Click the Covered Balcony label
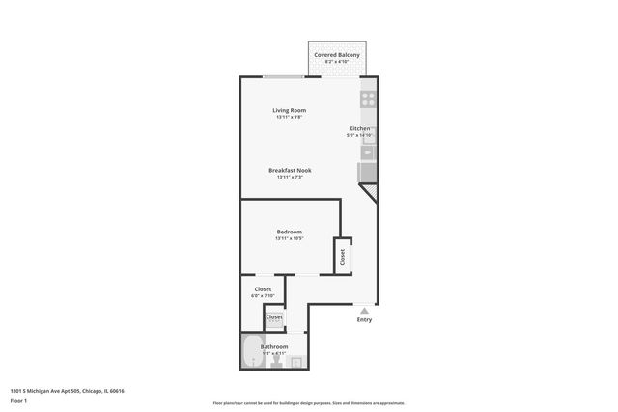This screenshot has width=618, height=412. click(x=337, y=55)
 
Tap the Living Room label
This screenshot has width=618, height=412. click(x=290, y=110)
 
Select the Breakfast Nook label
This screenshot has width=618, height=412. click(x=290, y=170)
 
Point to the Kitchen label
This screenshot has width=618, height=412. click(x=359, y=128)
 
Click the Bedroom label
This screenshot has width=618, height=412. click(x=290, y=232)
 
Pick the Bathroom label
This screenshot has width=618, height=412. click(x=273, y=346)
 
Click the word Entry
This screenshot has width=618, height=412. click(x=364, y=320)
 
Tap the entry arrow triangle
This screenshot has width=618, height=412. click(x=364, y=311)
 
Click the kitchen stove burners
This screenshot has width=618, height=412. click(x=368, y=98)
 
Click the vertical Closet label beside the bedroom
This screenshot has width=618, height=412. click(x=342, y=257)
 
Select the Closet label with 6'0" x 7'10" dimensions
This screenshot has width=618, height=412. click(x=263, y=288)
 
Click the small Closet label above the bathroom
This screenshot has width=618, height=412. click(x=274, y=316)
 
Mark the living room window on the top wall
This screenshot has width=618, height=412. click(x=284, y=76)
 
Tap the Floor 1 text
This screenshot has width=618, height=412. click(x=18, y=400)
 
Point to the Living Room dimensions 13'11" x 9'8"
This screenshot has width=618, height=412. click(x=290, y=117)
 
